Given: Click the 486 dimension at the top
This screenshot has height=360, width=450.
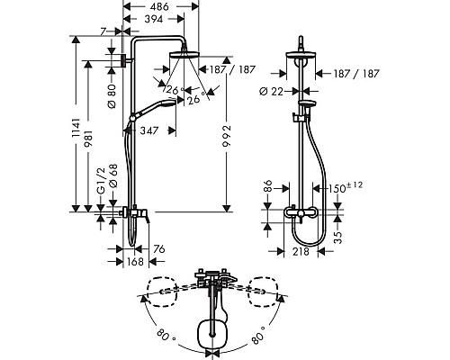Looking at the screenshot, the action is [158, 6].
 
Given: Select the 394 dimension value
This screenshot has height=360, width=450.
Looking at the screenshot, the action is [154, 19].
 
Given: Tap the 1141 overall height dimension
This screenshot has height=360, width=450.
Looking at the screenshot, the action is [76, 128].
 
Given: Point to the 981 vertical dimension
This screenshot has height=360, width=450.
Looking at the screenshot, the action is [89, 139].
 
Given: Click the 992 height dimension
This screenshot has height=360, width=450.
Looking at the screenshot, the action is [227, 136].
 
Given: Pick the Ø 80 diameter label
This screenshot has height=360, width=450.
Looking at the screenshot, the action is [112, 96].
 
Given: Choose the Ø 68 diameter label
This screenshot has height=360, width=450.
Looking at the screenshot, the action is [113, 176].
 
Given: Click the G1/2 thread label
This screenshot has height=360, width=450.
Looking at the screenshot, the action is [102, 181].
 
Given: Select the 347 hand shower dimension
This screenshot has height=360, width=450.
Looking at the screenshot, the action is [149, 130].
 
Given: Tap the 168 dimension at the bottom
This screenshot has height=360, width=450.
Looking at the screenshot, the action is [135, 262].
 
